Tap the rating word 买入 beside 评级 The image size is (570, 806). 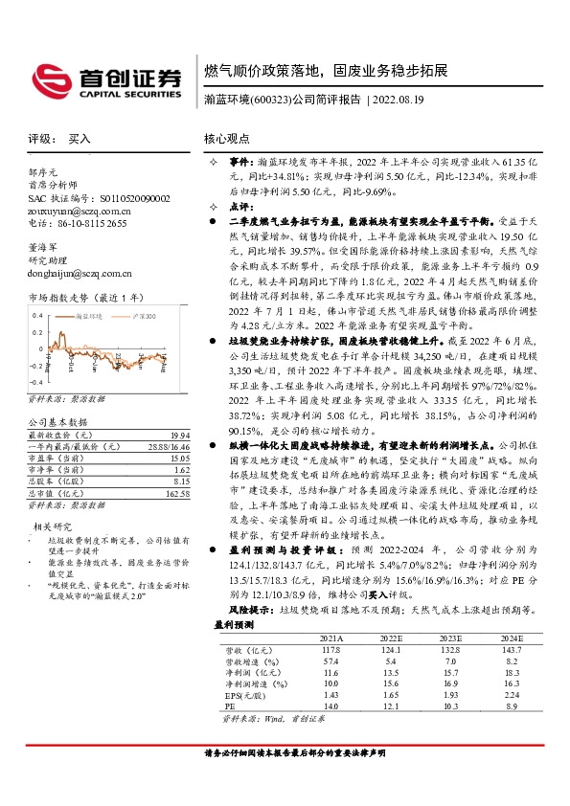point(80,138)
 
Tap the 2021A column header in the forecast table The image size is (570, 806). point(329,662)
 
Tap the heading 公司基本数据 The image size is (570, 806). point(57,421)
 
